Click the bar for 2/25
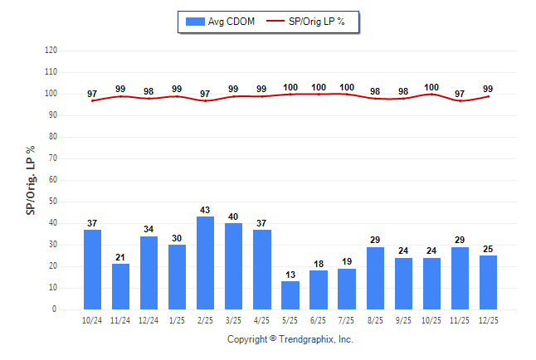(x=205, y=263)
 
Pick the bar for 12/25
(x=488, y=282)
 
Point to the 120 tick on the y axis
(x=51, y=51)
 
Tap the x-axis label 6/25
(x=318, y=319)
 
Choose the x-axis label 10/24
(x=92, y=319)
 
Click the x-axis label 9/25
(x=403, y=319)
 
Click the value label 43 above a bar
(x=205, y=210)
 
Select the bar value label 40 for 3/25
(x=233, y=216)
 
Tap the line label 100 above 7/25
(x=347, y=87)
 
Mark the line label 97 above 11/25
(x=460, y=94)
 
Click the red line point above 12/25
(x=488, y=96)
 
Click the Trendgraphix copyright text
(x=290, y=339)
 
